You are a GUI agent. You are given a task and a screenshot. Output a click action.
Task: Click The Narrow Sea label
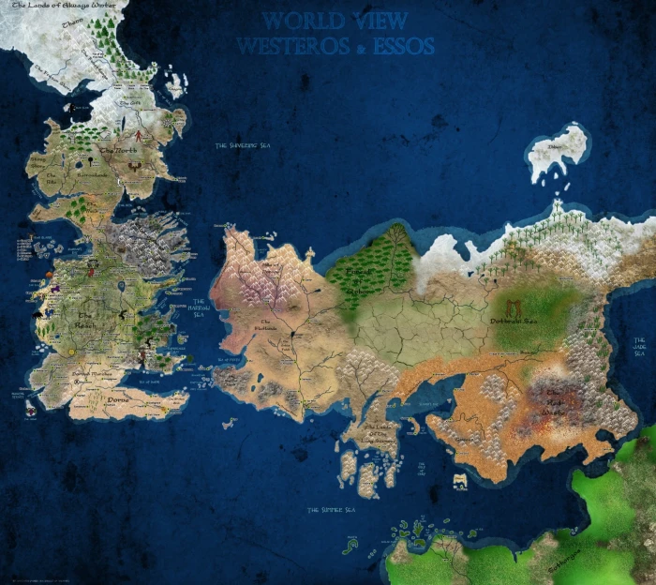click(199, 306)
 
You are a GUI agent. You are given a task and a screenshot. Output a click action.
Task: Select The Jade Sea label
click(643, 346)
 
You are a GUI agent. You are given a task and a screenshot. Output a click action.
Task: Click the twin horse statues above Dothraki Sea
click(514, 307)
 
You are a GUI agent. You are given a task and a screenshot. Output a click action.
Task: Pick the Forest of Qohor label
click(361, 281)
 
